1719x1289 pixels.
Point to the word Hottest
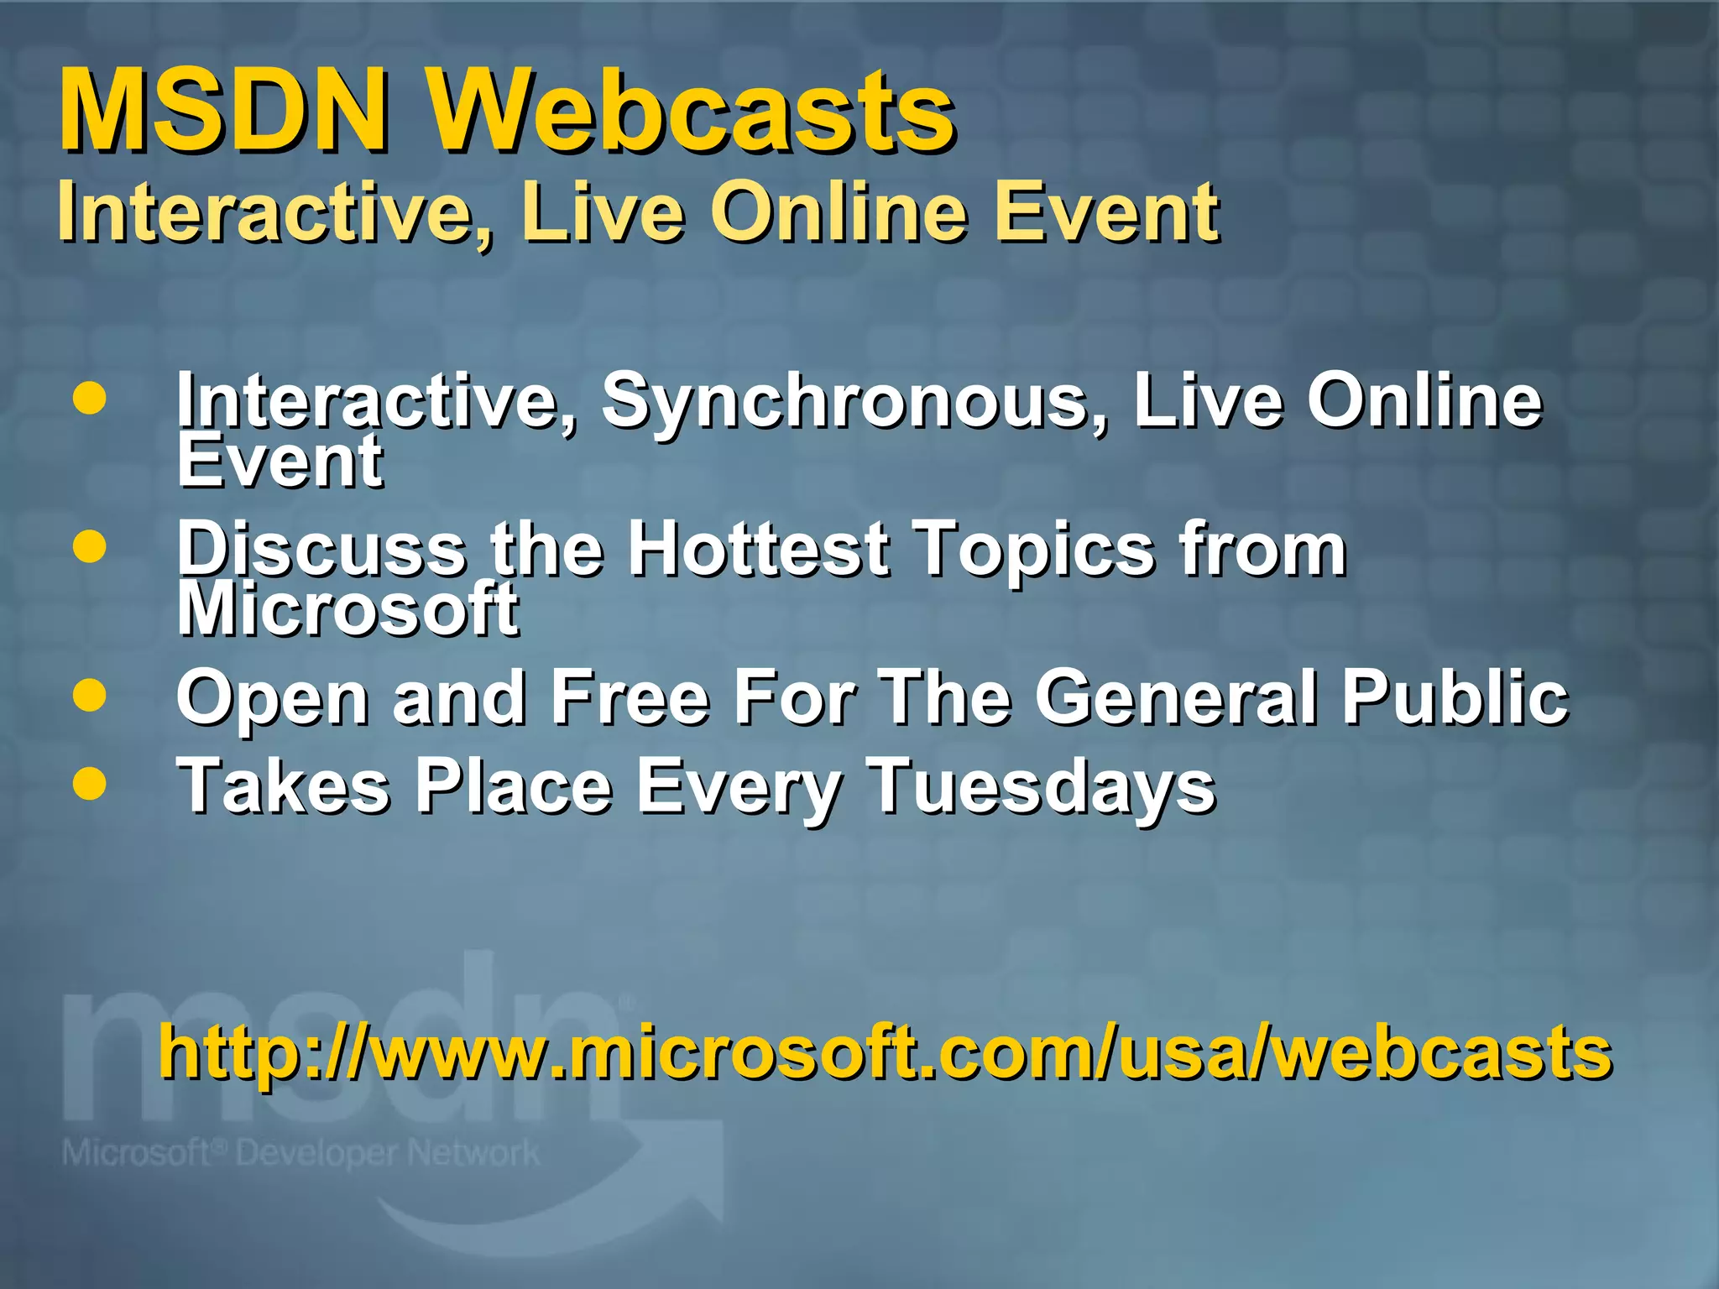(x=759, y=550)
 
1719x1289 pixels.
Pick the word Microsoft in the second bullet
(x=347, y=610)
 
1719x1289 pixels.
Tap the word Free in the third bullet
(x=631, y=697)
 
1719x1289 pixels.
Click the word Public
(x=1454, y=697)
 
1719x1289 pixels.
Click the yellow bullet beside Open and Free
(x=90, y=696)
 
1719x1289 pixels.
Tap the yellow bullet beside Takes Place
(x=90, y=784)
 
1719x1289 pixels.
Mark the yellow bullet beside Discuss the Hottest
(x=90, y=547)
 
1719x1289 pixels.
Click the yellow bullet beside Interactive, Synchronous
(x=90, y=399)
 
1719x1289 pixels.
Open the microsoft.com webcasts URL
(x=885, y=1052)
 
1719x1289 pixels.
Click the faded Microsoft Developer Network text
(x=300, y=1153)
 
